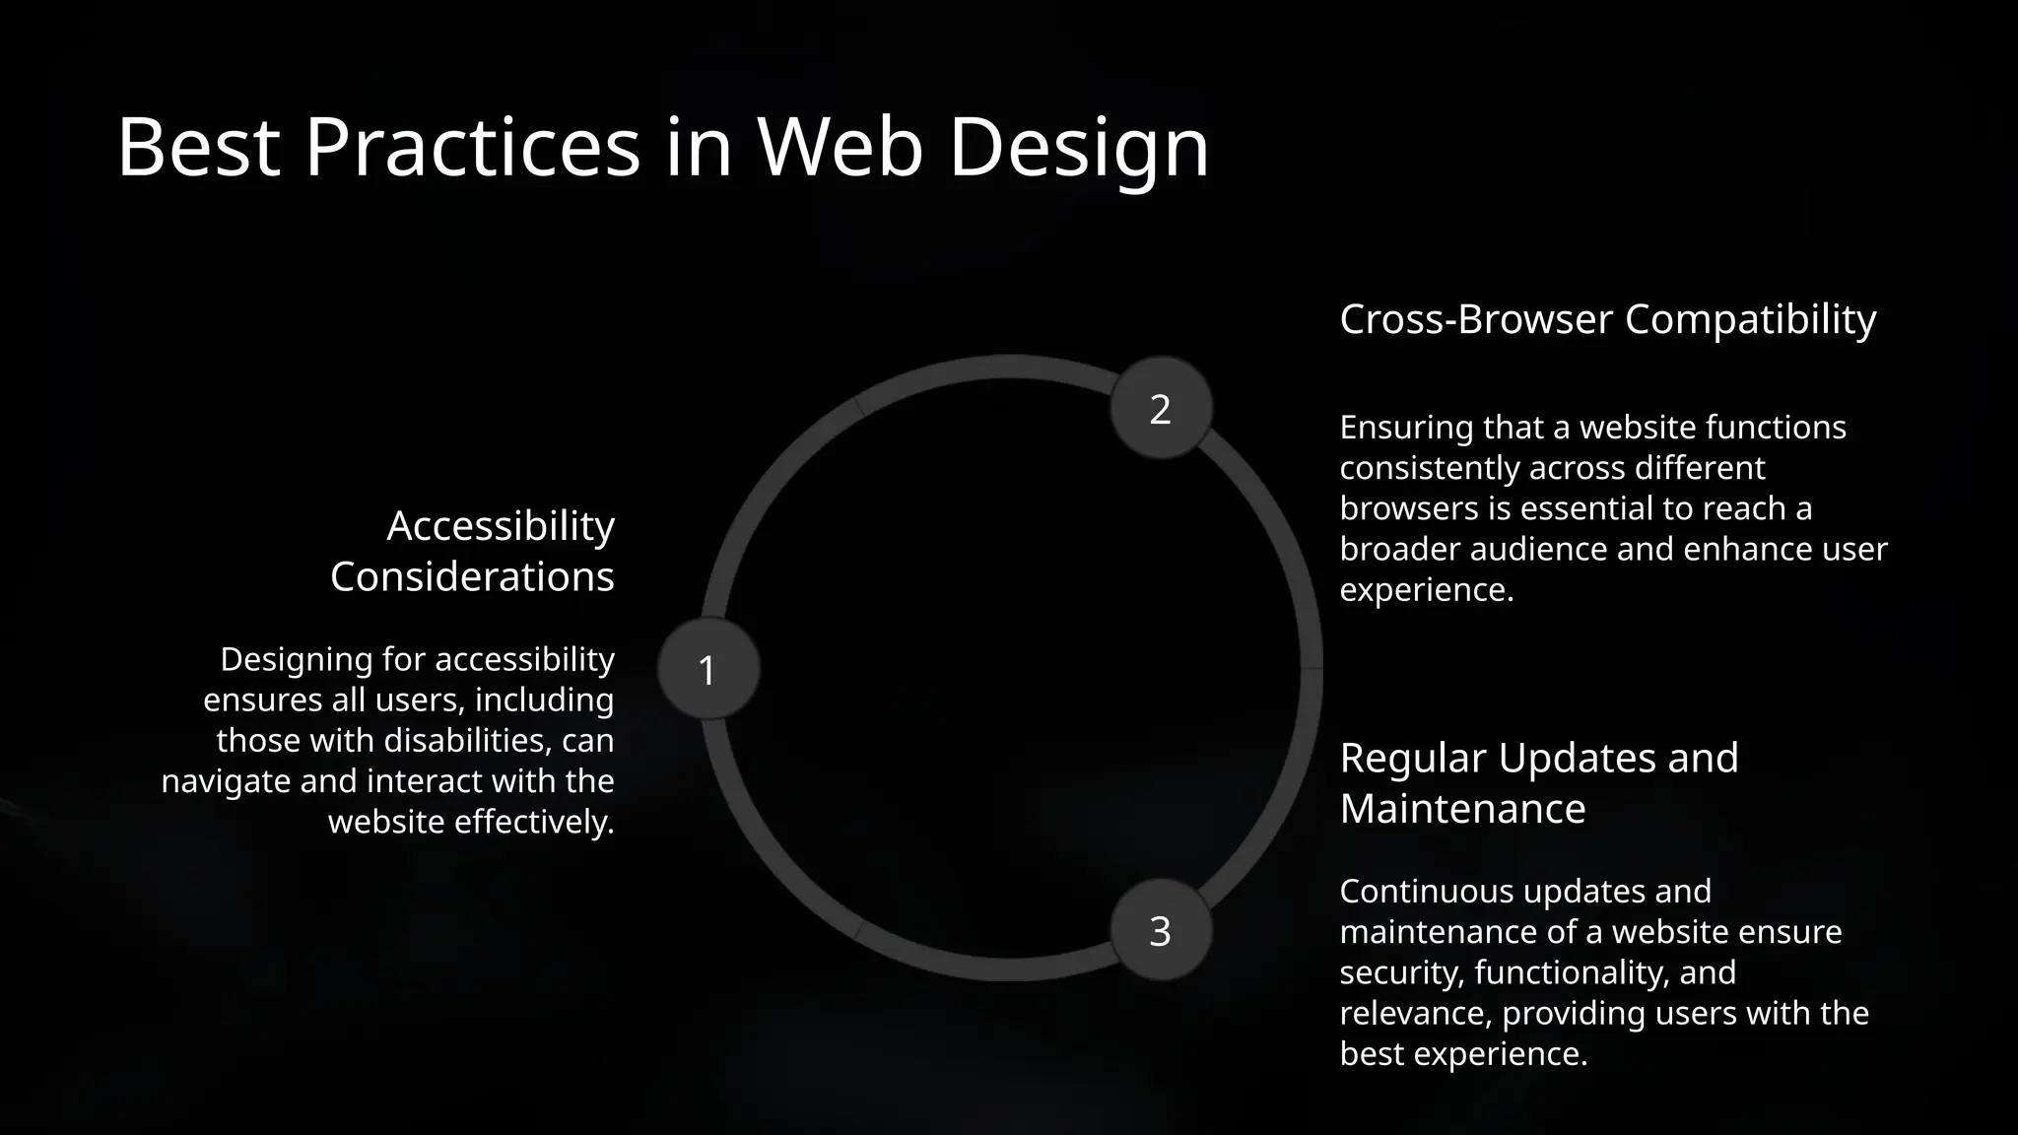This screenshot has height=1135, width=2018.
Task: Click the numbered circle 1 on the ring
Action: (708, 669)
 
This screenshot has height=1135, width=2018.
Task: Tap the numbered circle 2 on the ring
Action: (1161, 408)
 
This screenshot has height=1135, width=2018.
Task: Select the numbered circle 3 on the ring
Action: (1161, 930)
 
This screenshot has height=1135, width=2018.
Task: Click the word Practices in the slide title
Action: (472, 148)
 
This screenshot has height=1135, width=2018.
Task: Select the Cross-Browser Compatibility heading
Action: (1607, 319)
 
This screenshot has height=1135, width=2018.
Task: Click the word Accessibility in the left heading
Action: (501, 526)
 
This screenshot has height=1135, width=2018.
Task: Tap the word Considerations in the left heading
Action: (472, 576)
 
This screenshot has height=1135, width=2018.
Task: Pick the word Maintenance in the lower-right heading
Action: (1462, 809)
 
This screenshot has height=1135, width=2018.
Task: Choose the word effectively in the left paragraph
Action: (533, 822)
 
